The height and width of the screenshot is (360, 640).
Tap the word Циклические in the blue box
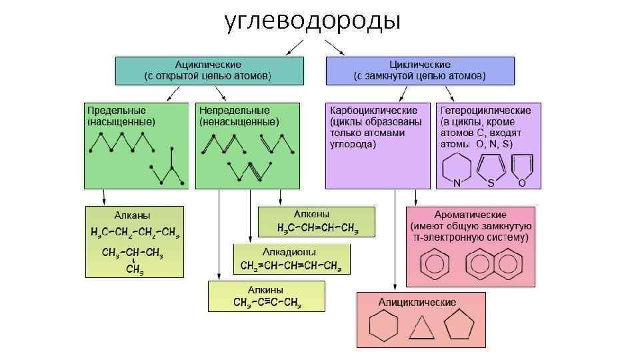(420, 65)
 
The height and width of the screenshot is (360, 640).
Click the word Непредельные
(234, 110)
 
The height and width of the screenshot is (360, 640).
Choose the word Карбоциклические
(374, 110)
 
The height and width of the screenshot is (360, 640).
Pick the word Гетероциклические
(485, 110)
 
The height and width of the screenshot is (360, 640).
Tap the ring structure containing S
(491, 169)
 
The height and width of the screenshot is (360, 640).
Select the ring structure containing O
(521, 169)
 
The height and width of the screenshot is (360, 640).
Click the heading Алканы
(133, 215)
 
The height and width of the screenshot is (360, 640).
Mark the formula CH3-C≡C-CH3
(267, 303)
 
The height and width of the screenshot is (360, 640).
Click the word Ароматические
(470, 215)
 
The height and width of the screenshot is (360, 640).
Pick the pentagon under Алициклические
(459, 327)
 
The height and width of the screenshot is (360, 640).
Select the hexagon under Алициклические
(383, 327)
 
